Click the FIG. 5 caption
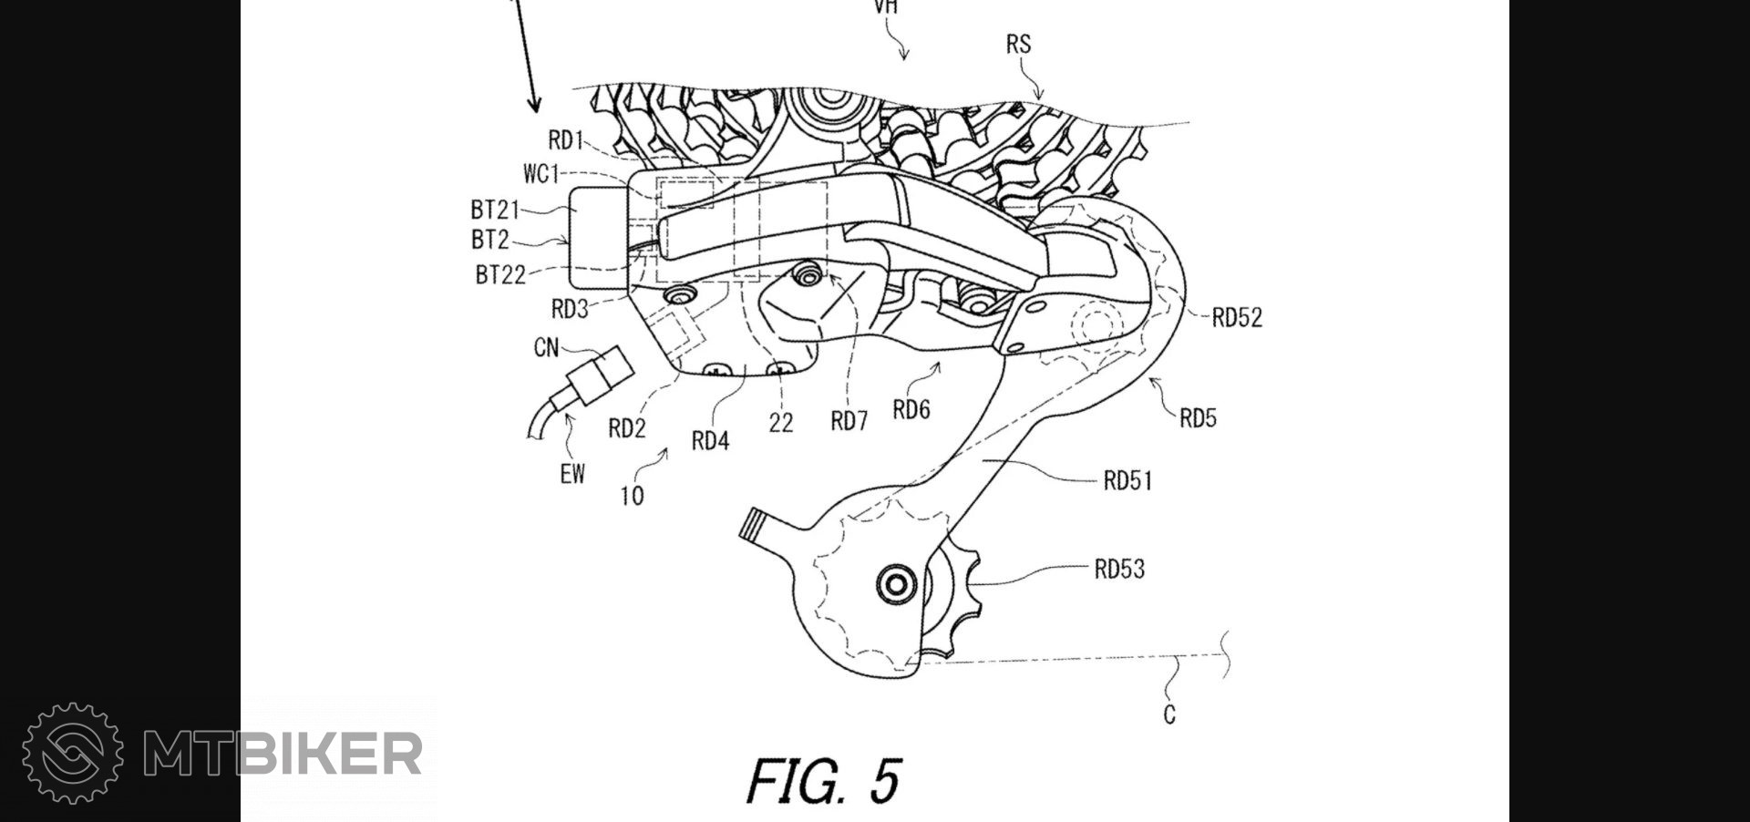(824, 781)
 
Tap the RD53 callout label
(1118, 570)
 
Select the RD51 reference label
(1127, 480)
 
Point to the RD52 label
(1237, 318)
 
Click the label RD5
(1198, 418)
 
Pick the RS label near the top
(1018, 45)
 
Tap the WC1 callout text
(540, 174)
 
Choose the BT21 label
(495, 211)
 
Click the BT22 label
(500, 275)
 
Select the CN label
(546, 348)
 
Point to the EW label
(572, 474)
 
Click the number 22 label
(781, 423)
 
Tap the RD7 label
(849, 421)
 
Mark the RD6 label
(911, 411)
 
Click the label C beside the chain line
(1169, 715)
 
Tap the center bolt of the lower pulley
(894, 584)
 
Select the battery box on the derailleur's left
(597, 237)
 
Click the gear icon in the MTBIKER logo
(73, 753)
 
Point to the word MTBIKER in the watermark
(283, 754)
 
